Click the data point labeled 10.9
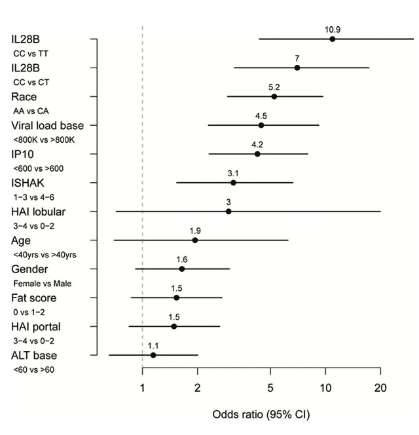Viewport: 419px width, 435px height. coord(333,39)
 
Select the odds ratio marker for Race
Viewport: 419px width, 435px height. coord(274,96)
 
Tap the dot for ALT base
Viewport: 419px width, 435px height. coord(153,355)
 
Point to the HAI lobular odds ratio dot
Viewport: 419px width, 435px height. coord(228,212)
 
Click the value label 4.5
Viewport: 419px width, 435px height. coord(261,115)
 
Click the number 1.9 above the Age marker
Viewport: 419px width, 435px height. coord(195,231)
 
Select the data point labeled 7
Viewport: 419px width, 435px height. coord(297,67)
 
